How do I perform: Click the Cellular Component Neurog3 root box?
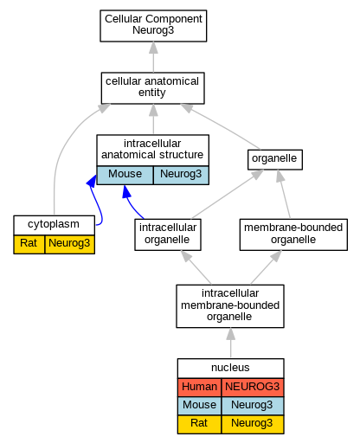tap(153, 26)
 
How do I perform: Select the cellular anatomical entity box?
tap(153, 88)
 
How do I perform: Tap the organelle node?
tap(275, 159)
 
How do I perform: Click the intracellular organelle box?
tap(168, 234)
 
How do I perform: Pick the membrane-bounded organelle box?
tap(293, 234)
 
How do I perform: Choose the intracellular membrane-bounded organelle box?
tap(230, 306)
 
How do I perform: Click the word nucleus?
tap(230, 368)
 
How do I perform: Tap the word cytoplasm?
tap(54, 224)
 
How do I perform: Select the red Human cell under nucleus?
tap(199, 387)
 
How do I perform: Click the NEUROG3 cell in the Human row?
tap(253, 387)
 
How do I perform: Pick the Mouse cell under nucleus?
tap(199, 405)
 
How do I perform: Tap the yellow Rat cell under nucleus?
tap(199, 424)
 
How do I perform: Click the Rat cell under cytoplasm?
tap(29, 244)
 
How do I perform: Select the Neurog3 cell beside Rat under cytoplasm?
tap(69, 244)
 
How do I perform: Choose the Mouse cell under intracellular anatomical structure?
tap(125, 175)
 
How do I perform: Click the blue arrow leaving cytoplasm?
tap(98, 202)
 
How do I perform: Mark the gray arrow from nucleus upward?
tap(230, 343)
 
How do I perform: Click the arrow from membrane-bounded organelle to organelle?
tap(284, 194)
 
